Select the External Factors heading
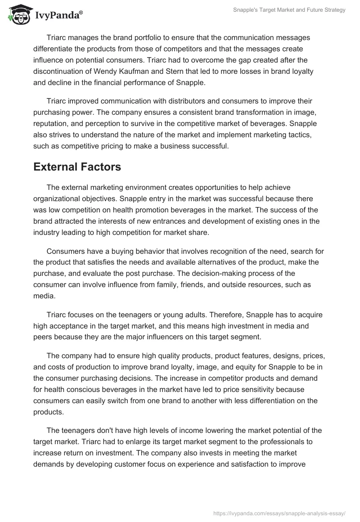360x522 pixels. [77, 167]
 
